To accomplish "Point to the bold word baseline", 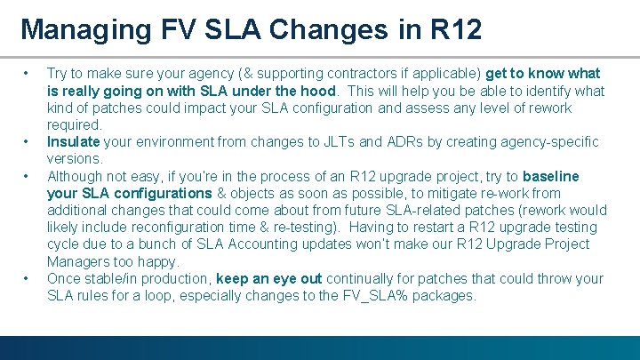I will point(550,176).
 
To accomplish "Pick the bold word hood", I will point(317,91).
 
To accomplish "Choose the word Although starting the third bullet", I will point(76,176).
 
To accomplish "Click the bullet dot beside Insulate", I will point(28,142).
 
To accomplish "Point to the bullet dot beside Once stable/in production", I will point(28,278).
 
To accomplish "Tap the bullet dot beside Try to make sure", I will point(28,74).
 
